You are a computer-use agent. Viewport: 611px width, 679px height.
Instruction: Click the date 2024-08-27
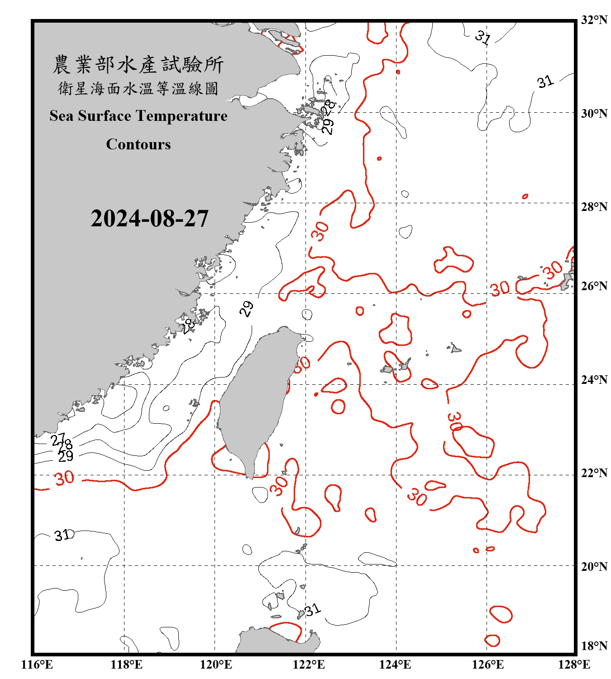coord(149,219)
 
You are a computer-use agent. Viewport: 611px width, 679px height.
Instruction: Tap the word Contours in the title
coord(138,144)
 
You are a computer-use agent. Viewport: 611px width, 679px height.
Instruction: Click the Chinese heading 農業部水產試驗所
coord(138,65)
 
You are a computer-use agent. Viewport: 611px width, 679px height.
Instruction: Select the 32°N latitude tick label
coord(594,20)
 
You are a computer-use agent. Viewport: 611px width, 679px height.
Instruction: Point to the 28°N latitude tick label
coord(594,207)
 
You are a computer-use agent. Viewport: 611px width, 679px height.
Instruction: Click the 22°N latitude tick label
coord(594,473)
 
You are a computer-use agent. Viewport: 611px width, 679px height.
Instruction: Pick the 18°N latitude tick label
coord(594,646)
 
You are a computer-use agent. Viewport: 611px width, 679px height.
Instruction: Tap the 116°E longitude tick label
coord(37,665)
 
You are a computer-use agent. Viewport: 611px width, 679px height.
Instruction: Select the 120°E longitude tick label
coord(216,665)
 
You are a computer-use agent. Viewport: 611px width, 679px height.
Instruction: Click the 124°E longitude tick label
coord(395,665)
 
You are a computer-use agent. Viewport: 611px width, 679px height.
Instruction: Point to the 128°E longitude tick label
coord(574,665)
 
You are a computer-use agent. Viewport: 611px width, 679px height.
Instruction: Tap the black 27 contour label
coord(58,439)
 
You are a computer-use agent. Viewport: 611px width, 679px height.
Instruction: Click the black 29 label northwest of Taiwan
coord(247,309)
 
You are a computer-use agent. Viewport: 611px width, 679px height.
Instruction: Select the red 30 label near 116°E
coord(64,478)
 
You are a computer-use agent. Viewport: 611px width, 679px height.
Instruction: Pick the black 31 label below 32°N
coord(483,37)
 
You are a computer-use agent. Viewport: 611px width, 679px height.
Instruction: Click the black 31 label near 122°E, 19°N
coord(313,610)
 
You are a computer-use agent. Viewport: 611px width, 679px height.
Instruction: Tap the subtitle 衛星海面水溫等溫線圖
coord(138,89)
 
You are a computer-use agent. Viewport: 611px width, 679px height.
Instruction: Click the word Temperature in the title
coord(181,116)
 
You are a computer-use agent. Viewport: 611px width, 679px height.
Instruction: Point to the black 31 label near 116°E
coord(62,536)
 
